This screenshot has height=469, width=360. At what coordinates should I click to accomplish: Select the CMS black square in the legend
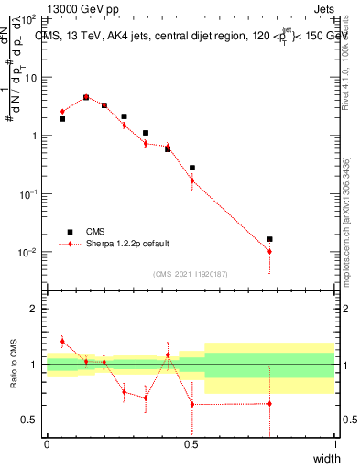pos(67,232)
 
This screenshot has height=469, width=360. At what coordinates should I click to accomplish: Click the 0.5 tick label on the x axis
pos(191,445)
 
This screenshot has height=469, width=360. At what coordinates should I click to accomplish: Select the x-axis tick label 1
pos(334,445)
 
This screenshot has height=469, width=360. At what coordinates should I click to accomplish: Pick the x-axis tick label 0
pos(47,445)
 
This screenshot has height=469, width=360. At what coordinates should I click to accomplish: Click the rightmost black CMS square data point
pos(269,239)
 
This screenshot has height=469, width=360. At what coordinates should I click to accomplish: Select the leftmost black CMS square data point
pos(62,119)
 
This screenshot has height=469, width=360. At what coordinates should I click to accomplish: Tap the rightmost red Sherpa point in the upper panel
pos(269,252)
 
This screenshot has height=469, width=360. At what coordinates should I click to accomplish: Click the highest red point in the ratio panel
pos(62,341)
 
